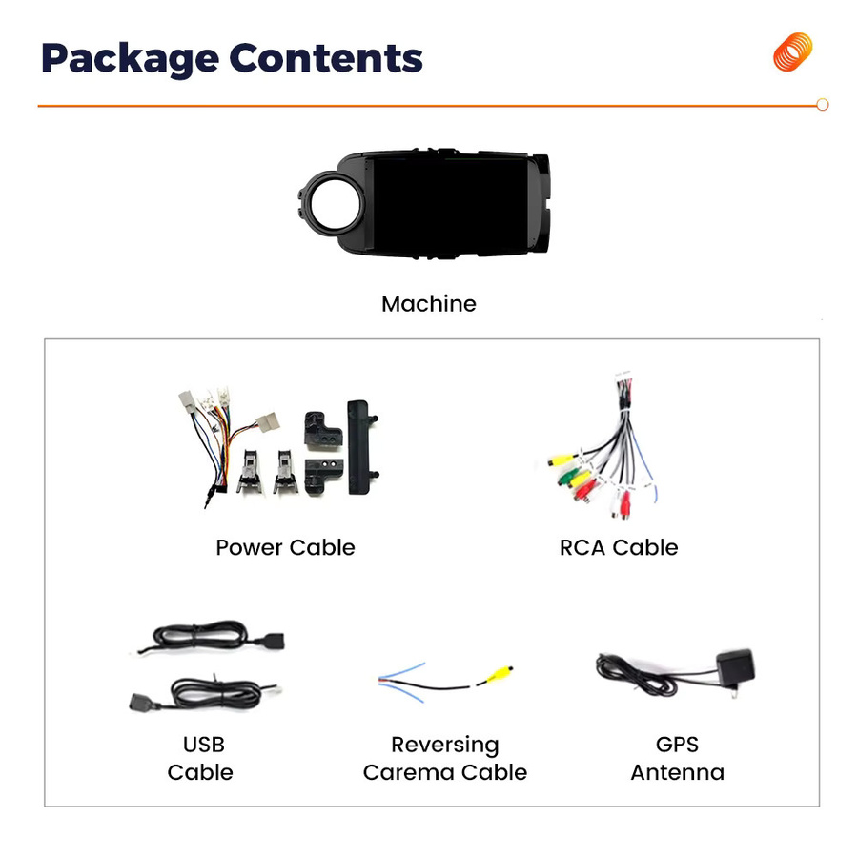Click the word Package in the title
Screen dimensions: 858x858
131,59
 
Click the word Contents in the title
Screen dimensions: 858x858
326,57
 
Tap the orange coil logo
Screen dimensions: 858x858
792,52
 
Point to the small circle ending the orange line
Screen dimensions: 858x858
822,105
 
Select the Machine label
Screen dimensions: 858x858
429,304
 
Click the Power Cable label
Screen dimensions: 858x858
285,547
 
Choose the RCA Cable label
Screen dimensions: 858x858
619,547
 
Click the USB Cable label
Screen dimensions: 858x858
201,759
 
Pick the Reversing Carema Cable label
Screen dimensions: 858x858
445,759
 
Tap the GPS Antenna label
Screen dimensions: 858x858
678,759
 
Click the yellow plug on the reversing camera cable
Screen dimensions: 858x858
499,674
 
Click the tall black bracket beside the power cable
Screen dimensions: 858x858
359,448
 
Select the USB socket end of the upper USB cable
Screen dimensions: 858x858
270,641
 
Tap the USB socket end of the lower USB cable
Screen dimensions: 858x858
142,702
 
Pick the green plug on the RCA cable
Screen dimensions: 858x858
567,478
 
